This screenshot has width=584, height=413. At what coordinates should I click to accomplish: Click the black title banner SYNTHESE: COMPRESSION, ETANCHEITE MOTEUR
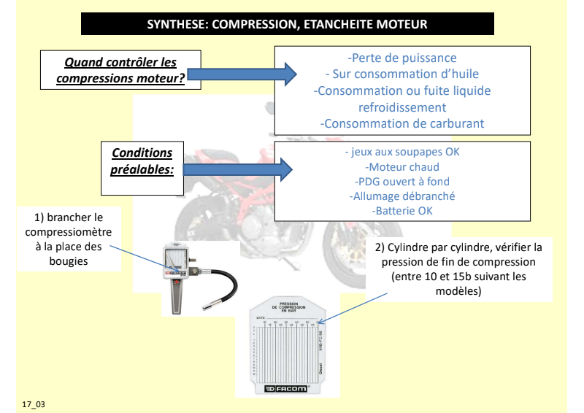click(x=288, y=24)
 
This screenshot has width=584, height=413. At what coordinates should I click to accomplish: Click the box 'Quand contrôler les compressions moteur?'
click(x=121, y=72)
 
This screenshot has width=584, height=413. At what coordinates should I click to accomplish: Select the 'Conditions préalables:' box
click(x=142, y=168)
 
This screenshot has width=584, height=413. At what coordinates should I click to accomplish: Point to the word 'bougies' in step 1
click(x=71, y=260)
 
